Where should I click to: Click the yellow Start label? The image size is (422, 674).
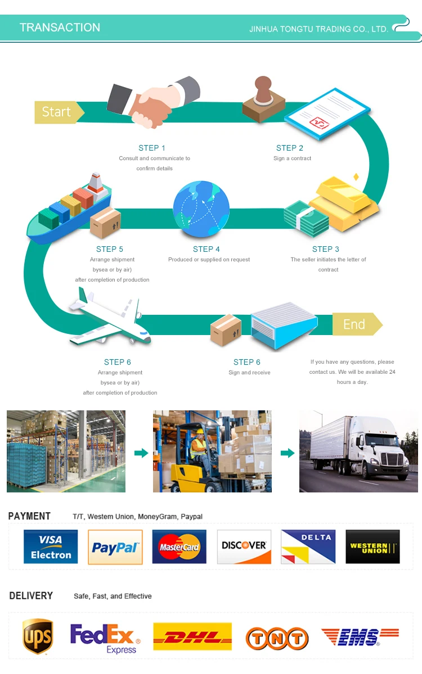(57, 112)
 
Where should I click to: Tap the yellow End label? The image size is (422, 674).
(354, 324)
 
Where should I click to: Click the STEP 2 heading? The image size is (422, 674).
(290, 148)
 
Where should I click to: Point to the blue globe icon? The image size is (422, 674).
(201, 209)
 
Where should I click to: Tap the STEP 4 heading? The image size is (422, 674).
(206, 249)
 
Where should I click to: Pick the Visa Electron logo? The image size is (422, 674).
(51, 547)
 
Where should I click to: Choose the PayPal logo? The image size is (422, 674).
(115, 547)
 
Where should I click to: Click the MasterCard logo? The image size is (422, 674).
(179, 547)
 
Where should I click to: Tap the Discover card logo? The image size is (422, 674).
(244, 547)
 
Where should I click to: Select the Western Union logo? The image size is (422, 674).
(372, 547)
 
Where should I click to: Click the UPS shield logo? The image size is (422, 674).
(38, 637)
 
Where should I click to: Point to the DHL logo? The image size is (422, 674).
(192, 636)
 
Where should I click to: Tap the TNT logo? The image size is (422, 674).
(277, 639)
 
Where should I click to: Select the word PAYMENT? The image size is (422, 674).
(29, 516)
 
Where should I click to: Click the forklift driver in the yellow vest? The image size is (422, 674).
(199, 447)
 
